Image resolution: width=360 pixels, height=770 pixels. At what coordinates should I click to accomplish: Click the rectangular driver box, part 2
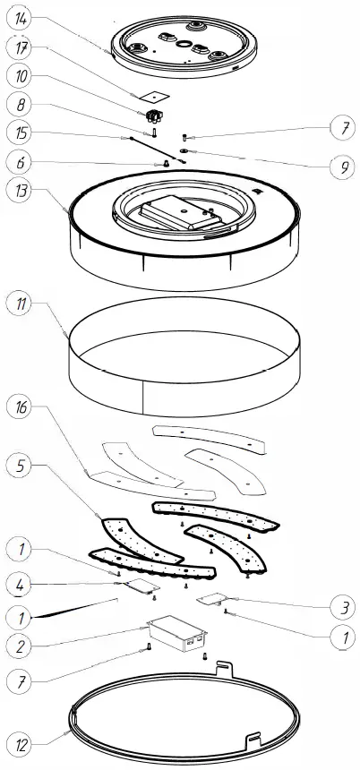178,634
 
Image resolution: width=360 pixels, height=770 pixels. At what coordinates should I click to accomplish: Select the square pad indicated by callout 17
147,96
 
